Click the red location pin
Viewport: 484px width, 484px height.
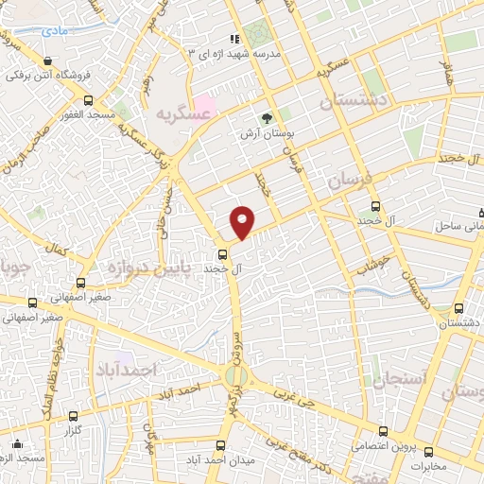click(x=243, y=221)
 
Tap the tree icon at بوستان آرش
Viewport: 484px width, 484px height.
click(x=268, y=118)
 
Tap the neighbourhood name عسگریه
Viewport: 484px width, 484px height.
click(x=181, y=114)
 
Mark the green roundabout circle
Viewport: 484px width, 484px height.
click(x=234, y=377)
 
